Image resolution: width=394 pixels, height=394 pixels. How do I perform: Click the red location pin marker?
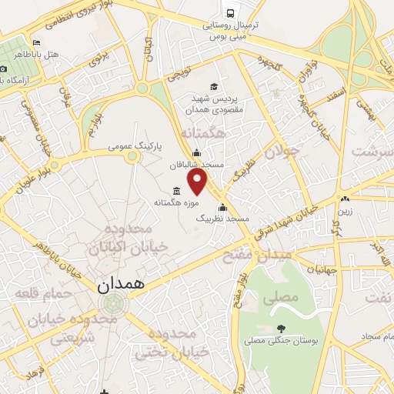[199, 182]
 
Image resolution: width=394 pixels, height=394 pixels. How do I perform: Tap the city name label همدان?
[122, 285]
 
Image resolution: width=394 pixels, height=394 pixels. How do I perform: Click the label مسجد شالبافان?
[221, 165]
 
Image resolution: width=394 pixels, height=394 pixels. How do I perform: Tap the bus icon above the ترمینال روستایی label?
[229, 12]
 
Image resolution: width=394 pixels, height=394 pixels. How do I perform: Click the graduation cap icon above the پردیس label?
[214, 86]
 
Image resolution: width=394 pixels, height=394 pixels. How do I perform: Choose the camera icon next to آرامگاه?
[3, 68]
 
